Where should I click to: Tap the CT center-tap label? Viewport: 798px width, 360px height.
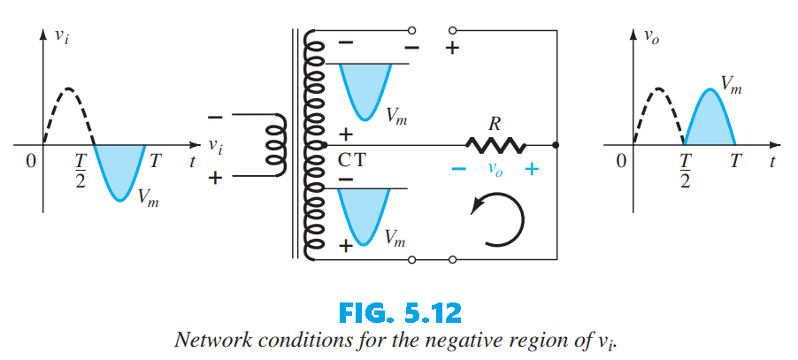tap(351, 161)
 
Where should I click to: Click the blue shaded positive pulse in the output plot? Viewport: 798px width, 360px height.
tap(710, 119)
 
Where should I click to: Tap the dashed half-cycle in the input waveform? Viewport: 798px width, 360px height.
tap(67, 106)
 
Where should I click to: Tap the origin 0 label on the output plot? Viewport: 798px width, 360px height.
tap(621, 161)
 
